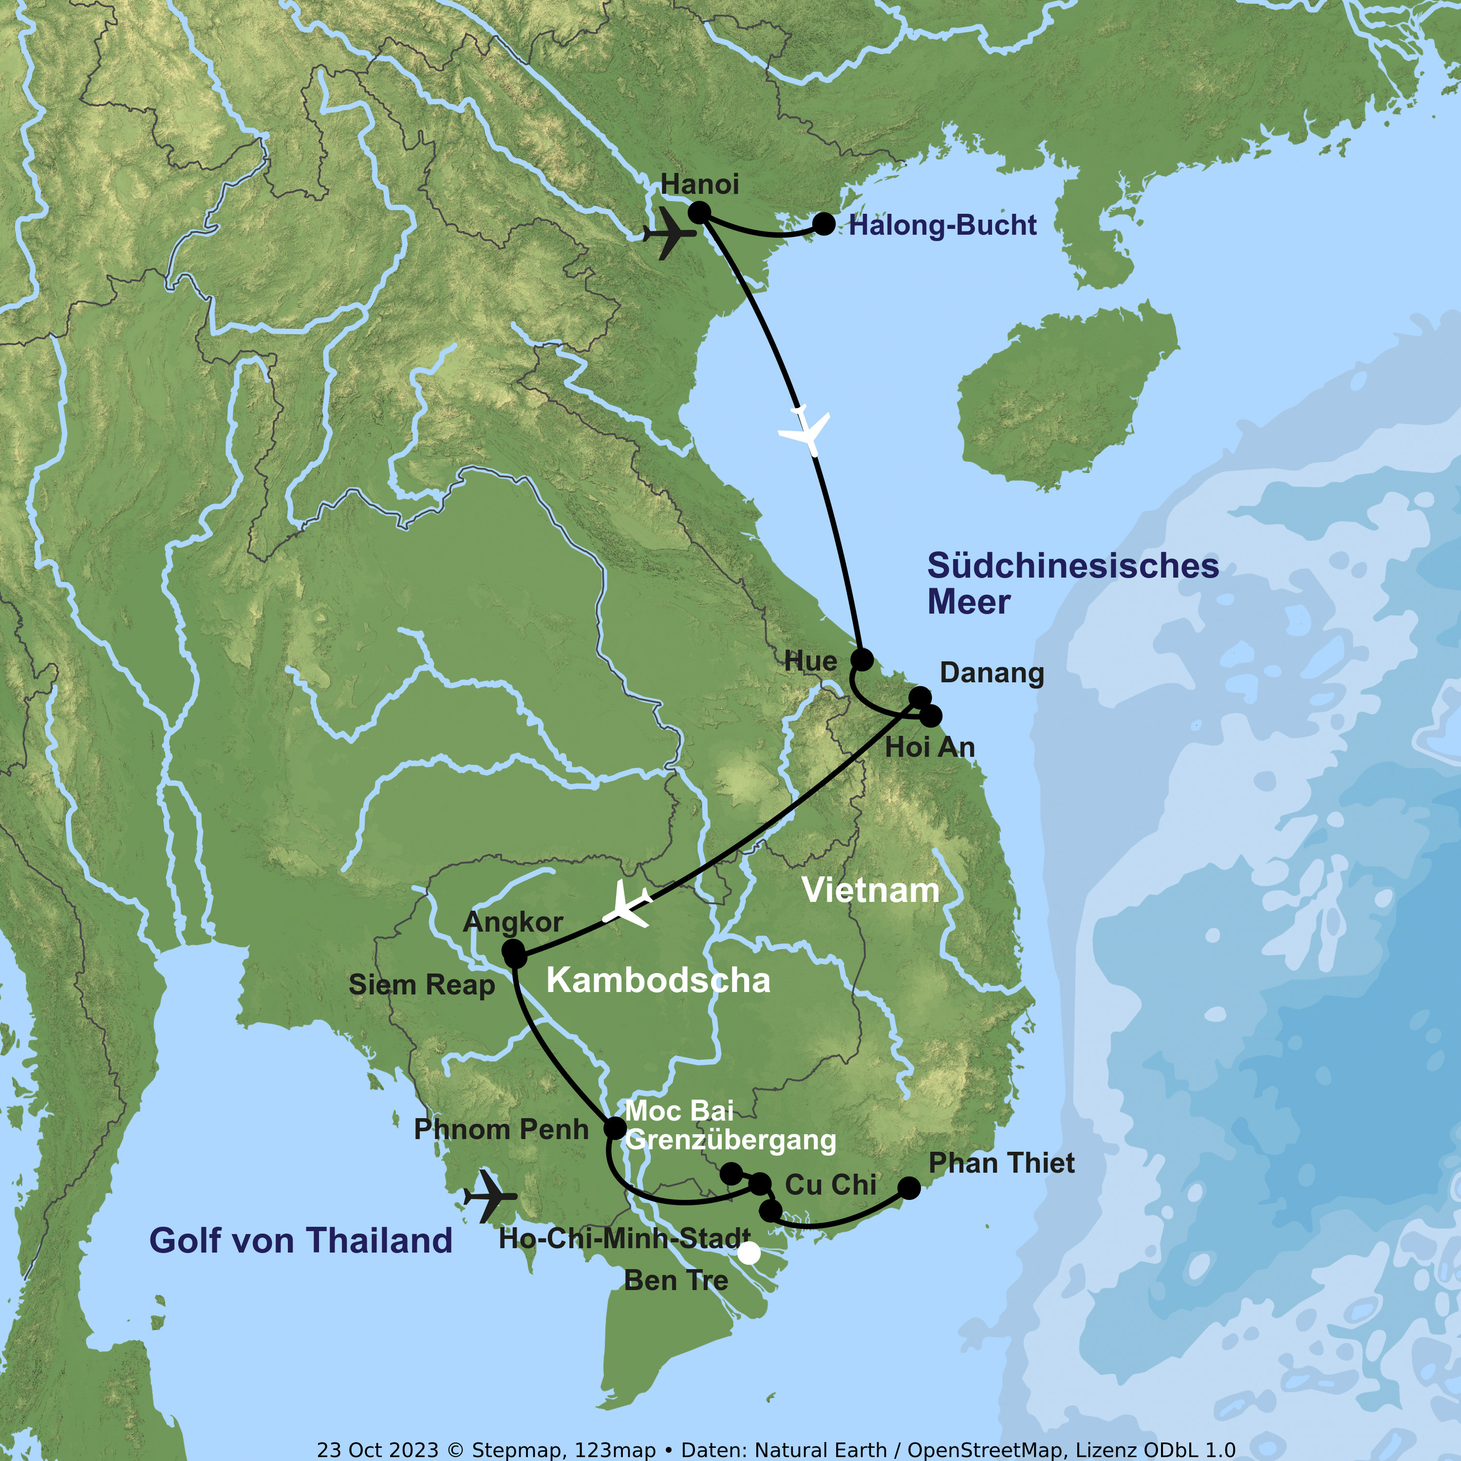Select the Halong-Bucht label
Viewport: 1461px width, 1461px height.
click(942, 225)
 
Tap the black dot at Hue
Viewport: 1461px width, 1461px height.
click(862, 658)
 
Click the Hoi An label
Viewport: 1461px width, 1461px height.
click(929, 747)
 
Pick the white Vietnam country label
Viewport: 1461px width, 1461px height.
click(870, 890)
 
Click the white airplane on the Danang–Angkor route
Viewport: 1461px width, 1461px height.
click(627, 905)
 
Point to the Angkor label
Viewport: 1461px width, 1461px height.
click(513, 922)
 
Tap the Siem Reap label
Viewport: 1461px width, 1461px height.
click(421, 985)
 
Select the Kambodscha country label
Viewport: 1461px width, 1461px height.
click(658, 980)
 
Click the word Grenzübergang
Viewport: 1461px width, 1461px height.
click(730, 1140)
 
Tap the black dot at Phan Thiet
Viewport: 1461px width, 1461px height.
click(909, 1188)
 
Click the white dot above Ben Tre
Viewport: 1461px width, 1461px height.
click(749, 1253)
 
